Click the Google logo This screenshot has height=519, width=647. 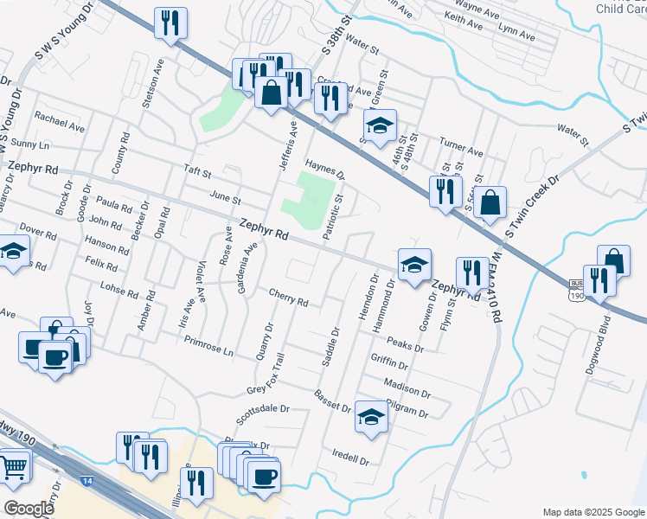(x=29, y=509)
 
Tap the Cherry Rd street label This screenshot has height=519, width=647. (x=289, y=298)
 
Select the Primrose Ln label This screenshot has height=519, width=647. (x=209, y=347)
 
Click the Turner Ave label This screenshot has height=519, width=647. (x=461, y=145)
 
